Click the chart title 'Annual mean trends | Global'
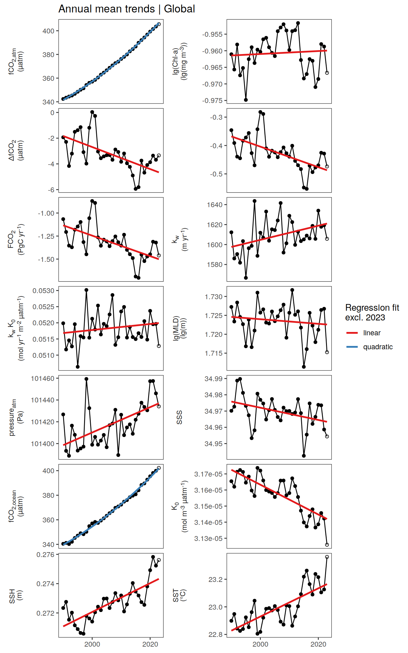[127, 9]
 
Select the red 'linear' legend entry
[372, 333]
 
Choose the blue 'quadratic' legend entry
[378, 347]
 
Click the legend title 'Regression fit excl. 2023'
[372, 313]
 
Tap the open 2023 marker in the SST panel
[327, 557]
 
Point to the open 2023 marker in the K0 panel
[327, 545]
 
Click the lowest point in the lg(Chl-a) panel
[246, 100]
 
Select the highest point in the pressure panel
[87, 379]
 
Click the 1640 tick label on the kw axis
[215, 205]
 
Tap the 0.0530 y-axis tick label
[43, 291]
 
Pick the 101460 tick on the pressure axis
[42, 379]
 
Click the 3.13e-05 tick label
[208, 538]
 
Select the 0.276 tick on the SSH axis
[45, 555]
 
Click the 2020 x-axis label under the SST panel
[318, 644]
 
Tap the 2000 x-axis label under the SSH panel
[92, 644]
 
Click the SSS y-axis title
[179, 417]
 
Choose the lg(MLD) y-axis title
[179, 328]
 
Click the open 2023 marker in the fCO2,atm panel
[159, 24]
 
